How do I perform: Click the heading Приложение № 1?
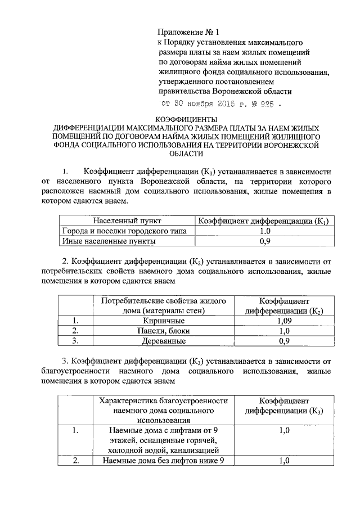[186, 33]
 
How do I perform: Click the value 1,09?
[285, 320]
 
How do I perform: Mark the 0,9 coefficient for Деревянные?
[285, 340]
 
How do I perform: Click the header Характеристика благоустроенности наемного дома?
[164, 410]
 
